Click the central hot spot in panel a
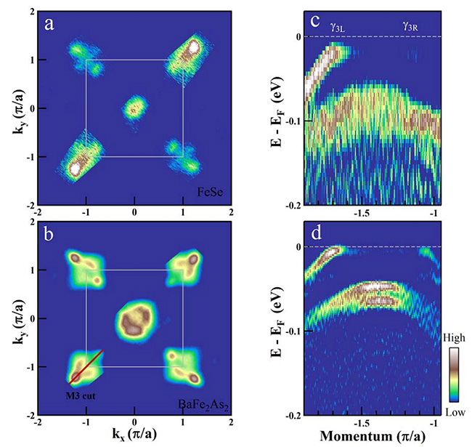134,110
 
